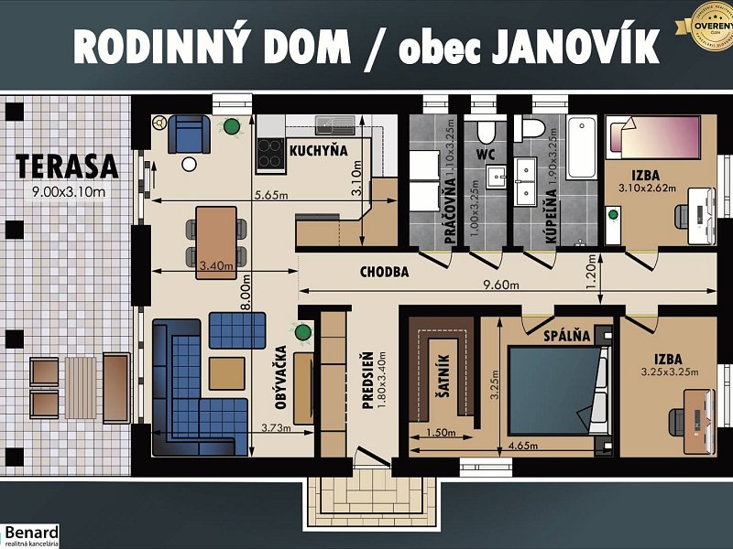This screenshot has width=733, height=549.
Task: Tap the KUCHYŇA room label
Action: (318, 150)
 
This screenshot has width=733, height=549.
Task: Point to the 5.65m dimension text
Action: (274, 194)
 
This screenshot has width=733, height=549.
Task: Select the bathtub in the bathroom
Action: (580, 148)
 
